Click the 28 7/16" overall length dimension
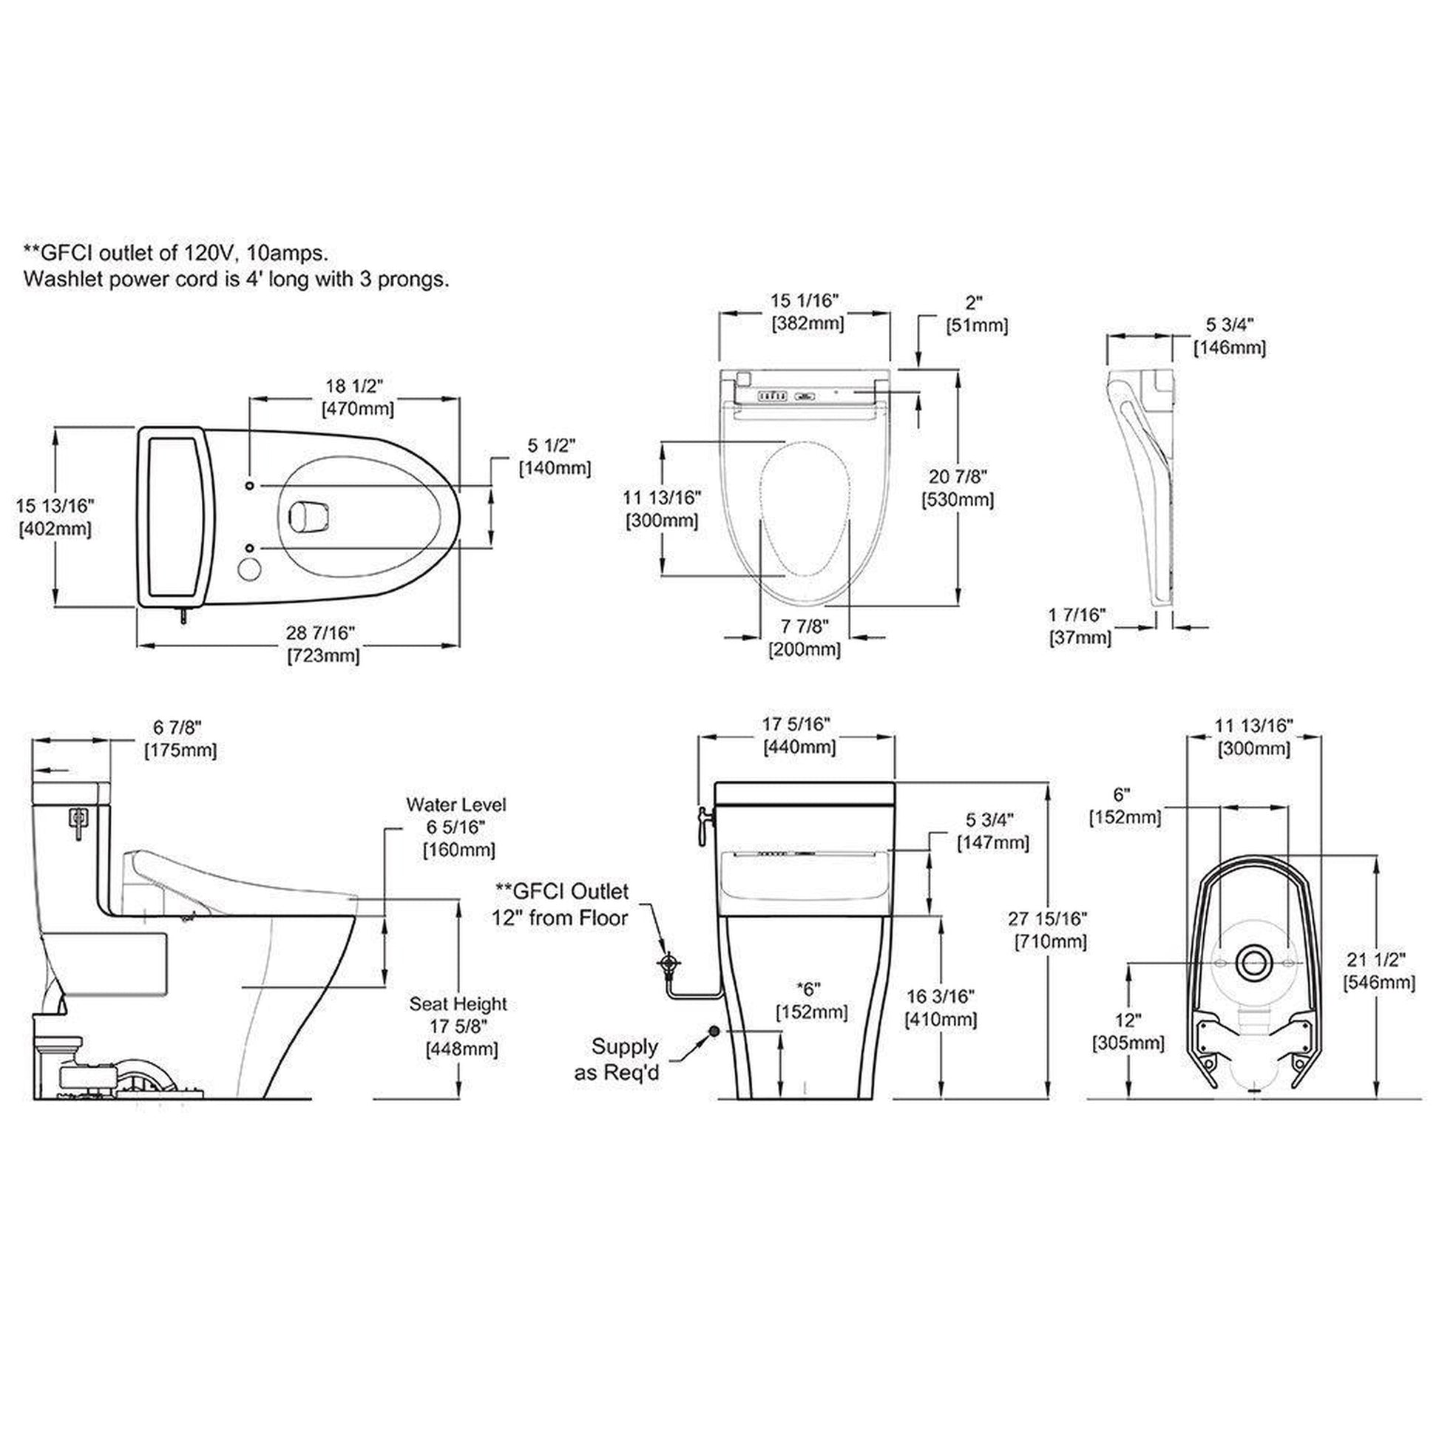(x=320, y=632)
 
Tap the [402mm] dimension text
(x=55, y=529)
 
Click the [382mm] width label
(x=807, y=323)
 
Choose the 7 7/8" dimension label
(x=805, y=625)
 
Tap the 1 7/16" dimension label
(x=1076, y=614)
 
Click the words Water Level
(x=456, y=805)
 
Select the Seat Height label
(x=457, y=1003)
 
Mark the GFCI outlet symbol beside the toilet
(x=670, y=963)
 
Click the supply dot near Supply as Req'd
(x=714, y=1031)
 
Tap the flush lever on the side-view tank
(x=77, y=821)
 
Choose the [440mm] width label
(x=799, y=746)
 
